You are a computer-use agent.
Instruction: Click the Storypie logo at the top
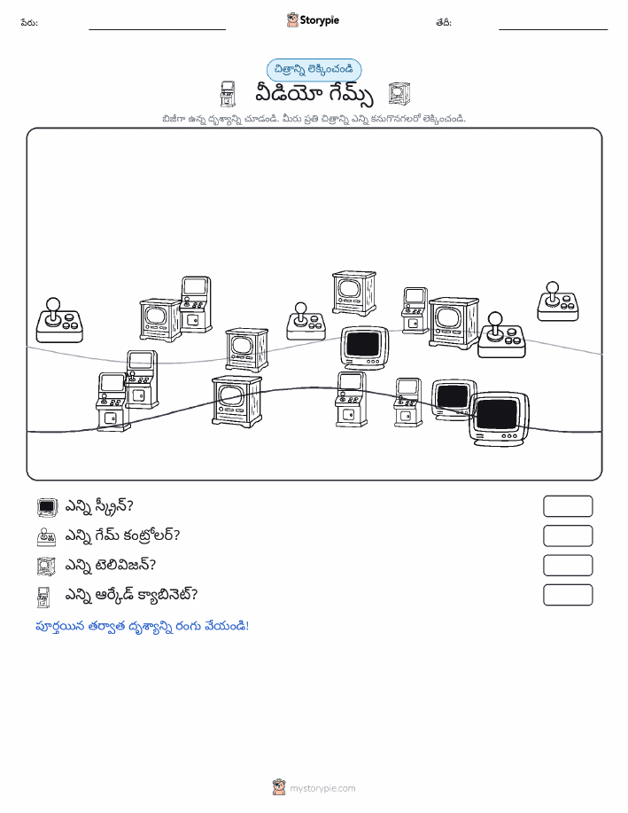click(313, 20)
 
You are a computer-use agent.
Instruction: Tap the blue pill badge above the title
click(314, 69)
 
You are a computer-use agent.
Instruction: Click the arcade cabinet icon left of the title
click(228, 94)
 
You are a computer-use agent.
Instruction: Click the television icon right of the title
click(399, 94)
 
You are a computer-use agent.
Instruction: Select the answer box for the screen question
click(568, 506)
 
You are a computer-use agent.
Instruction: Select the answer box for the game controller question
click(568, 535)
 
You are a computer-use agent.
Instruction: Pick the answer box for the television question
click(568, 565)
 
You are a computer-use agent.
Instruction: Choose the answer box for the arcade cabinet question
click(568, 595)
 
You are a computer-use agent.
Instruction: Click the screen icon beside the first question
click(47, 507)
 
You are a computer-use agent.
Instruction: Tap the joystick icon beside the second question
click(47, 536)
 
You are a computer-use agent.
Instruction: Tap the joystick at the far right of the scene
click(558, 301)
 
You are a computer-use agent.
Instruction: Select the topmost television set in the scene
click(354, 293)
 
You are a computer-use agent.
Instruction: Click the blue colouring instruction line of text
click(142, 626)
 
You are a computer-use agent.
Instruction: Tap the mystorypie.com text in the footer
click(322, 788)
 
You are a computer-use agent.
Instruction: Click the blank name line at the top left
click(157, 29)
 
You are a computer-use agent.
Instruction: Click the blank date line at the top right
click(554, 29)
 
